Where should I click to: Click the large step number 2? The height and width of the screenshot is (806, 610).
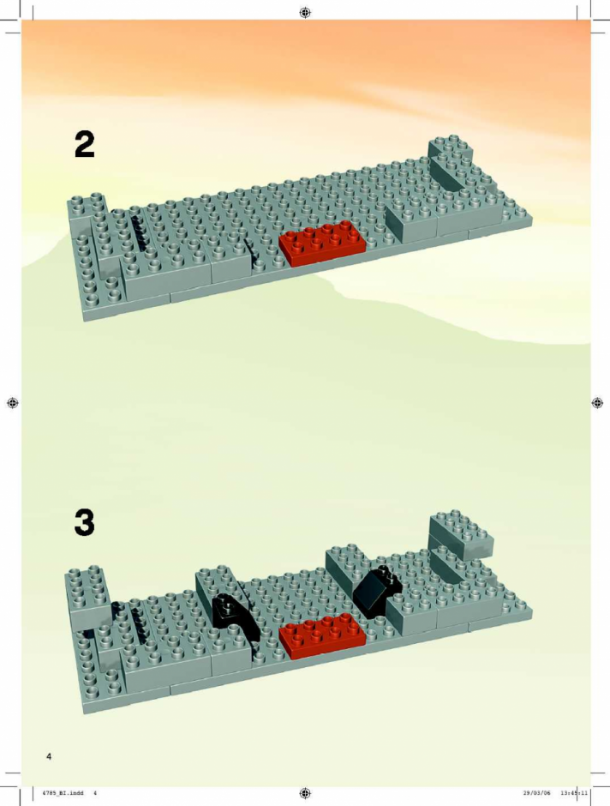pos(85,144)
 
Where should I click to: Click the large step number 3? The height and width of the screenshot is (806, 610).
pos(85,523)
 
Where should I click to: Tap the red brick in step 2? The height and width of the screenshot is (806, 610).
pos(322,243)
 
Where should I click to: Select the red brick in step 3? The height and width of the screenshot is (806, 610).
pos(322,635)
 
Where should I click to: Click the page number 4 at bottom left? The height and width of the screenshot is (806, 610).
pos(49,756)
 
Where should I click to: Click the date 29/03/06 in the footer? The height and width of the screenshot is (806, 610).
pos(536,792)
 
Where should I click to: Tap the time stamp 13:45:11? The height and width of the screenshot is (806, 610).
pos(575,792)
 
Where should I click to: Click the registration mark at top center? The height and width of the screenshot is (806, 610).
pos(305,12)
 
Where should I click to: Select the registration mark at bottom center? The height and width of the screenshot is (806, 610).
pos(305,793)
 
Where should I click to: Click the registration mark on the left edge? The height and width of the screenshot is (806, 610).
pos(13,403)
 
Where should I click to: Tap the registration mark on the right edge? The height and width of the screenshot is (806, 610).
pos(596,403)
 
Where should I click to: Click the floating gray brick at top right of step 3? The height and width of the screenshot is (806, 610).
pos(461,534)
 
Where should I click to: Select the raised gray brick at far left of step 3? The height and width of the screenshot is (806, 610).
pos(87,595)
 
